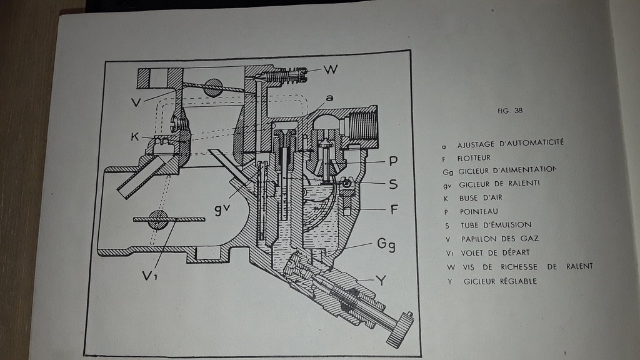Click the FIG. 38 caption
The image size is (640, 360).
tap(509, 111)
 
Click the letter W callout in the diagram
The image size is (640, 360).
tap(331, 69)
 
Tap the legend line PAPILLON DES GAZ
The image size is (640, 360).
tap(497, 238)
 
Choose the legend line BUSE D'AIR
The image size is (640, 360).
tap(482, 196)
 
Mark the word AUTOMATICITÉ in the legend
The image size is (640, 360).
tap(528, 142)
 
